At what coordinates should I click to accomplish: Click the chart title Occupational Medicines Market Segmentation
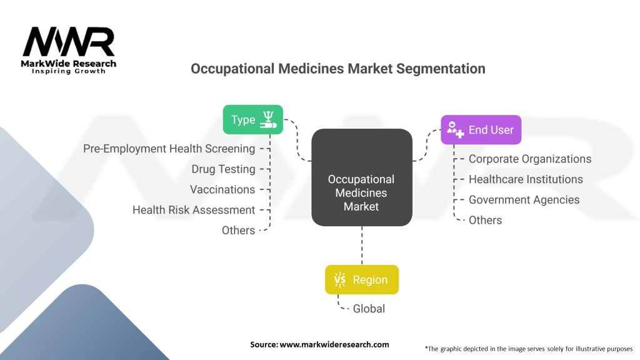pos(337,69)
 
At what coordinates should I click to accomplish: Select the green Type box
pos(252,119)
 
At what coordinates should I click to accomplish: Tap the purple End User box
pos(480,130)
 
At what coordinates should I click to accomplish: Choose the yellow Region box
pos(361,280)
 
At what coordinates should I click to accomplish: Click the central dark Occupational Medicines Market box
pos(361,192)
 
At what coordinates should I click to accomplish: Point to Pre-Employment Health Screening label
pos(169,149)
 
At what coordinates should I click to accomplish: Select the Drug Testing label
pos(223,169)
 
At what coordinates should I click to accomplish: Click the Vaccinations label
pos(222,189)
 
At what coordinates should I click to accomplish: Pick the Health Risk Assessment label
pos(194,210)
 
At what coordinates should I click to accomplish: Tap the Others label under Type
pos(238,231)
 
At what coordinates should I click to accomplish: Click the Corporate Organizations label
pos(530,159)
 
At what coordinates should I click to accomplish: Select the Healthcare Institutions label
pos(526,179)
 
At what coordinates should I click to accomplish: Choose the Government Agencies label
pos(524,200)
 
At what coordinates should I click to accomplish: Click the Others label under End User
pos(485,220)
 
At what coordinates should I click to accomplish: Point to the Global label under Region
pos(369,309)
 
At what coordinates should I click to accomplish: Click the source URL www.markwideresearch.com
pos(319,344)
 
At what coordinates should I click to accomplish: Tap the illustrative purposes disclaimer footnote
pos(528,348)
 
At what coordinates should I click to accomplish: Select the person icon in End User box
pos(454,130)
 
